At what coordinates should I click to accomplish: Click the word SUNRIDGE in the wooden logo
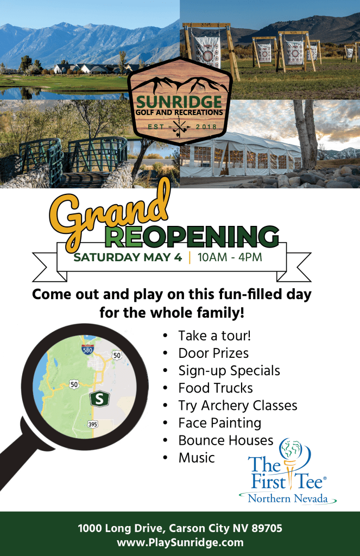[x=179, y=102]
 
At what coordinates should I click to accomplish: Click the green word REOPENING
[x=192, y=236]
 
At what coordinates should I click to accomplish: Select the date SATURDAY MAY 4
[x=128, y=257]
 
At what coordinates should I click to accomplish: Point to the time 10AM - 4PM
[x=230, y=257]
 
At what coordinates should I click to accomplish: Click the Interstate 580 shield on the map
[x=87, y=350]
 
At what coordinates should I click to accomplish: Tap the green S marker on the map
[x=100, y=399]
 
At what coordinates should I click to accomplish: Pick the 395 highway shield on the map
[x=92, y=424]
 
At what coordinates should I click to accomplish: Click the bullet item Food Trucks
[x=216, y=388]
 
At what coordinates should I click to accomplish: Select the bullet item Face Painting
[x=220, y=423]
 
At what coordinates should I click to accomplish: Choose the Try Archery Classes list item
[x=238, y=406]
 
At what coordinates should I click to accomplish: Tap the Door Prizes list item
[x=213, y=353]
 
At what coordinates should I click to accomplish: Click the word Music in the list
[x=197, y=458]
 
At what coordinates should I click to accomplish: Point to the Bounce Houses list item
[x=226, y=440]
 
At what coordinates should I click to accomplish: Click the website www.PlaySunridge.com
[x=180, y=542]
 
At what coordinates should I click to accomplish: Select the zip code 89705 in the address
[x=267, y=528]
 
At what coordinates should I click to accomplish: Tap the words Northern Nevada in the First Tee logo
[x=288, y=498]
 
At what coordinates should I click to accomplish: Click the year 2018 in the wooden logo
[x=206, y=127]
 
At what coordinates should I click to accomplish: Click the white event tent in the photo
[x=241, y=155]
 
